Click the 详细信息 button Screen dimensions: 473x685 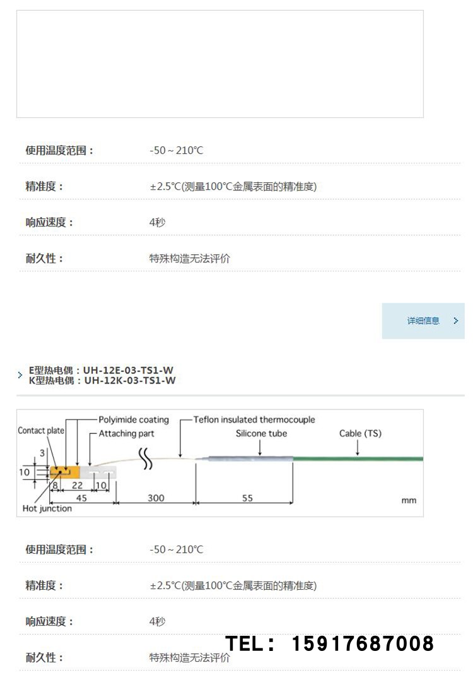click(x=423, y=321)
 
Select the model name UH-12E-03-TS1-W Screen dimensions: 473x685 click(x=129, y=370)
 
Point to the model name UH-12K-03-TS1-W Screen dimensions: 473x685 click(x=130, y=380)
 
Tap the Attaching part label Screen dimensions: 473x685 click(x=126, y=433)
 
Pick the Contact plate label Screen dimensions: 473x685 click(x=41, y=431)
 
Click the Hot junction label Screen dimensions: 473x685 click(x=47, y=508)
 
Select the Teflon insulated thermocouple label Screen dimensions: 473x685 click(x=254, y=419)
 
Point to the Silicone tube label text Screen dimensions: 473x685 click(x=261, y=433)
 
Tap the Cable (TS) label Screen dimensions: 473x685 click(x=360, y=433)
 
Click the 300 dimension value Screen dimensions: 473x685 click(x=156, y=498)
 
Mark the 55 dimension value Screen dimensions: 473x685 click(x=247, y=498)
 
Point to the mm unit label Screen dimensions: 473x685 click(x=409, y=500)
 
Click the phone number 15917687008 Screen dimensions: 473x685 click(x=363, y=644)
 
